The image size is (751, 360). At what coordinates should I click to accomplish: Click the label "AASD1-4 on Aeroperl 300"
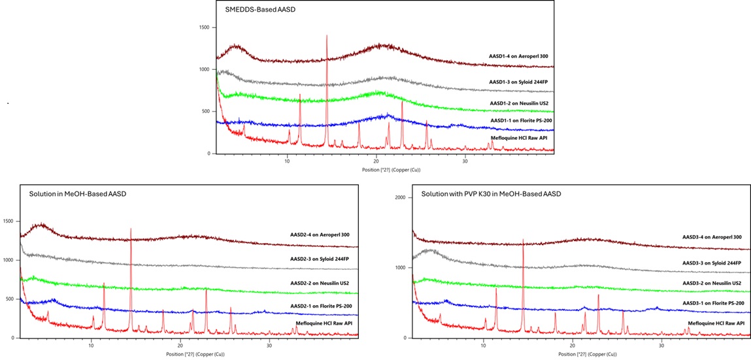point(521,56)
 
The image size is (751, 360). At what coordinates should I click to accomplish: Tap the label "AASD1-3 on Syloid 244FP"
point(521,82)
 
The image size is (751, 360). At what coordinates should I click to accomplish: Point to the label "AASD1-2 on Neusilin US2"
point(521,103)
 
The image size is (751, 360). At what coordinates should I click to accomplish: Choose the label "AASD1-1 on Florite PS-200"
point(521,122)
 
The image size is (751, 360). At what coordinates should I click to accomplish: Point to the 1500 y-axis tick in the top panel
point(205,27)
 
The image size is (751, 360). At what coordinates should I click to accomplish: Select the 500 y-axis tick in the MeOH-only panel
point(9,299)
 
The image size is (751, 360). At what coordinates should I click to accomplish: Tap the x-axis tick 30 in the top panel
point(465,159)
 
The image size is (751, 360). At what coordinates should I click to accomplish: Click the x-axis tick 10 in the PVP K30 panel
point(483,344)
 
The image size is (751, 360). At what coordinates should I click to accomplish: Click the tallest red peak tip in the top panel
point(326,35)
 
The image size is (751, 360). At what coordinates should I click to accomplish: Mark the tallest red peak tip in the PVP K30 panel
point(523,239)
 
